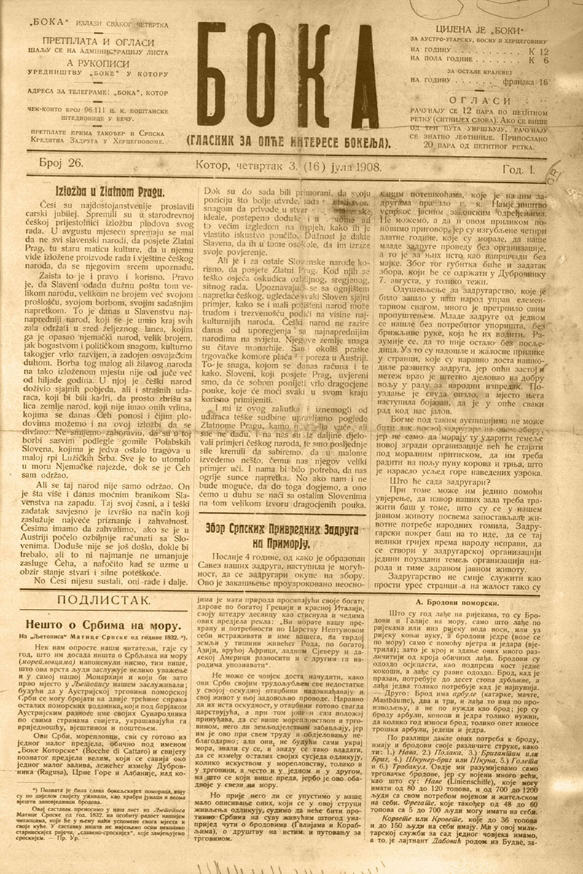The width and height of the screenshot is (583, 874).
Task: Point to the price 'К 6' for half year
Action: (x=539, y=62)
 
